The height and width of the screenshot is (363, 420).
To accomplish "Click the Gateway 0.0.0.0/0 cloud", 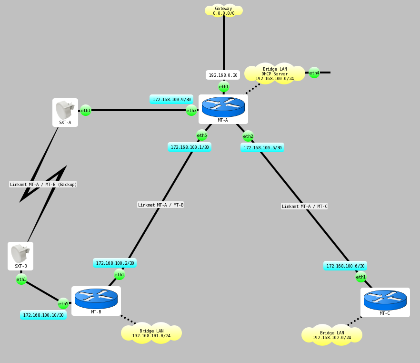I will [223, 10].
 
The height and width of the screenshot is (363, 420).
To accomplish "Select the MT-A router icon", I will [223, 107].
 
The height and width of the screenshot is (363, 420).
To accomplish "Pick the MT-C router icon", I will [385, 300].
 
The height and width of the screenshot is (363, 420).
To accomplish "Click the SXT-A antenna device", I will [65, 111].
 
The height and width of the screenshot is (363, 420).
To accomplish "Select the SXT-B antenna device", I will [20, 254].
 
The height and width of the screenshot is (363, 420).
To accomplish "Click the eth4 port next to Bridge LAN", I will [314, 73].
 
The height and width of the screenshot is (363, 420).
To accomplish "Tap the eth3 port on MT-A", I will [191, 111].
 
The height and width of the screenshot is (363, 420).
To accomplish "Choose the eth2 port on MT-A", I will [248, 136].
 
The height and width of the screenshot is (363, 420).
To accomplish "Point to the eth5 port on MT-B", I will [63, 303].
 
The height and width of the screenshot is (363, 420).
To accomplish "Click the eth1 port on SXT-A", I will [86, 111].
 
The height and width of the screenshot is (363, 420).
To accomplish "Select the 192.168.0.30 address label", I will [223, 75].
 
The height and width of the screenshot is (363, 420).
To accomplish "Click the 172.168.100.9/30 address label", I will [171, 99].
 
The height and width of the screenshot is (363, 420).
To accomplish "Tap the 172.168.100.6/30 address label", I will [345, 266].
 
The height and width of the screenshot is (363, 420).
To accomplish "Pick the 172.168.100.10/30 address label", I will [43, 315].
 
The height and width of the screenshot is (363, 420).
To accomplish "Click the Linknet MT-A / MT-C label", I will [304, 206].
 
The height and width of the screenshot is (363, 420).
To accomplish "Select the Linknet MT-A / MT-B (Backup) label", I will [43, 184].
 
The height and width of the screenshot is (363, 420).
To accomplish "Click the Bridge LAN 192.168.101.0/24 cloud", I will [151, 333].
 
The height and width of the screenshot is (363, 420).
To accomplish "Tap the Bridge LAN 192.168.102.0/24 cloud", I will [332, 335].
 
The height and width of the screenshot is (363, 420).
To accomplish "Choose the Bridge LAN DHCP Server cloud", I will [275, 73].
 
